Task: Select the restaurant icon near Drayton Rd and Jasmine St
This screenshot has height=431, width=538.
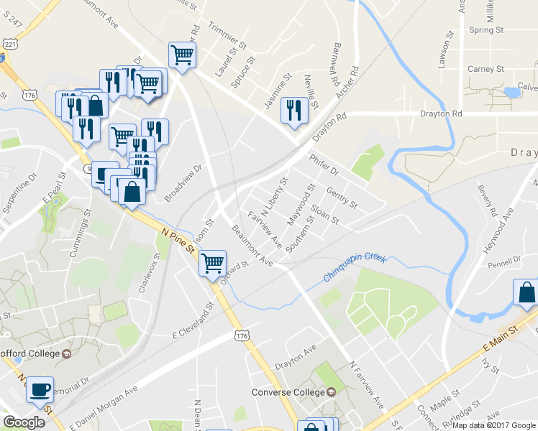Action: pyautogui.click(x=293, y=110)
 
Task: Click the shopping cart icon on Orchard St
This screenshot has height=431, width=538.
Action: pyautogui.click(x=212, y=263)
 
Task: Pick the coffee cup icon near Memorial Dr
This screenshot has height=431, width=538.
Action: pyautogui.click(x=40, y=389)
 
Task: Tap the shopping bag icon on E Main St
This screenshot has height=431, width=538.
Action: pyautogui.click(x=526, y=292)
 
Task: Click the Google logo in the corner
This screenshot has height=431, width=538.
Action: pyautogui.click(x=24, y=422)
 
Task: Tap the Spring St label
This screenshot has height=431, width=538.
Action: pyautogui.click(x=485, y=30)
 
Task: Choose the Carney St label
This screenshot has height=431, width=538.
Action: pyautogui.click(x=485, y=69)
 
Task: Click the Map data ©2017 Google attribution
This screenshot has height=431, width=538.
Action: pyautogui.click(x=493, y=425)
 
